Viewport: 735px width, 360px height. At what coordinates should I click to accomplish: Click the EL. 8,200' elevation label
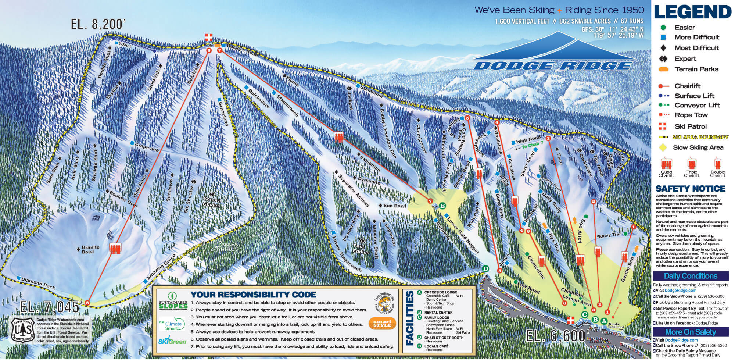click(x=98, y=24)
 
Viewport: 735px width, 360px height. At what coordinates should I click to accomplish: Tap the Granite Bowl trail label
click(x=90, y=249)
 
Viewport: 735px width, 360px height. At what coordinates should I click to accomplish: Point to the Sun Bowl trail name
click(x=395, y=206)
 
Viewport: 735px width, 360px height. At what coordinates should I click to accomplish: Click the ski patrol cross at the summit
click(x=209, y=37)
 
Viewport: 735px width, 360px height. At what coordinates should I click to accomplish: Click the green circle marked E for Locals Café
click(x=442, y=205)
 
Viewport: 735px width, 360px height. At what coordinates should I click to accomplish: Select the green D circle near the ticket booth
click(x=485, y=269)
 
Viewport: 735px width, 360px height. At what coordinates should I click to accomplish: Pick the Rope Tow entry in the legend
click(x=691, y=115)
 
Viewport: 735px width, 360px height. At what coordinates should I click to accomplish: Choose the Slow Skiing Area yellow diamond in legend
click(x=663, y=147)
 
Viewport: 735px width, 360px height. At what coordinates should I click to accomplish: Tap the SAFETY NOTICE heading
click(x=690, y=189)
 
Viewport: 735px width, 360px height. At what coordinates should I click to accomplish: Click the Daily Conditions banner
click(x=690, y=276)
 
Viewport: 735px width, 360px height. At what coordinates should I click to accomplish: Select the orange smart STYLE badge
click(x=382, y=323)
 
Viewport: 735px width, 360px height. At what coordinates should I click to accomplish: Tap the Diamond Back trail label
click(x=38, y=283)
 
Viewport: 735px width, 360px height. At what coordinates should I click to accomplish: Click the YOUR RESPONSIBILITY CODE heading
click(x=253, y=295)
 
